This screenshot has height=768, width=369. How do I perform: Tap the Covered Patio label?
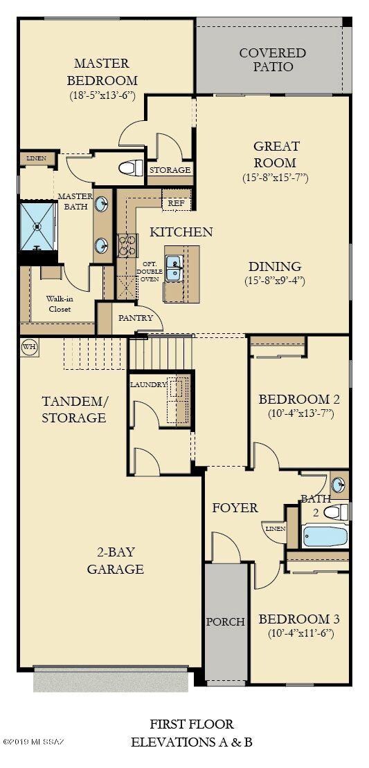click(x=272, y=60)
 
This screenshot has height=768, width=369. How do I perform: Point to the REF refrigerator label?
click(x=177, y=203)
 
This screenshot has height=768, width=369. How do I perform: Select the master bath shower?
click(x=38, y=225)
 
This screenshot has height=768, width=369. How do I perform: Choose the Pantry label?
click(x=136, y=319)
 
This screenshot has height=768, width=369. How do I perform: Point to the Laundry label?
click(x=148, y=384)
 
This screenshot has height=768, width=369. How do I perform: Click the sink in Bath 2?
click(x=337, y=483)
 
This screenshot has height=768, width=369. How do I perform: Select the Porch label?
click(x=225, y=621)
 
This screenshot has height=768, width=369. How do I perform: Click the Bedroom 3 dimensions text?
click(x=300, y=633)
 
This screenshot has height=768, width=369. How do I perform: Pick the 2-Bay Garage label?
click(x=115, y=561)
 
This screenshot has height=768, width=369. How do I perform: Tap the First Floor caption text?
click(x=192, y=724)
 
